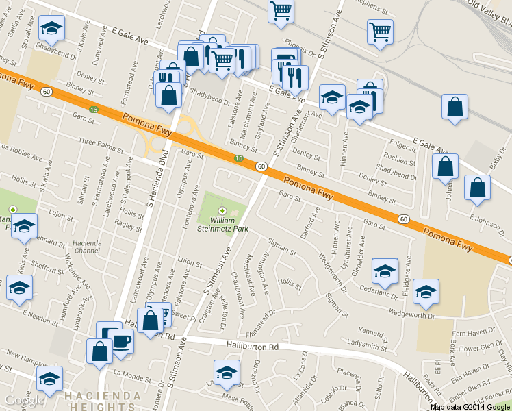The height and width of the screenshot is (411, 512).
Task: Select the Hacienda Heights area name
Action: [103, 401]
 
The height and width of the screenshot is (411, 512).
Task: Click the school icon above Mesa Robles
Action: [227, 373]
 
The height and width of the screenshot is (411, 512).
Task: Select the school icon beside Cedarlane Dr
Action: [385, 271]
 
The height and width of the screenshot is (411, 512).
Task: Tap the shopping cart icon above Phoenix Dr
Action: [281, 12]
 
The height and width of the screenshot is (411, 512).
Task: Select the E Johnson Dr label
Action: [487, 219]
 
